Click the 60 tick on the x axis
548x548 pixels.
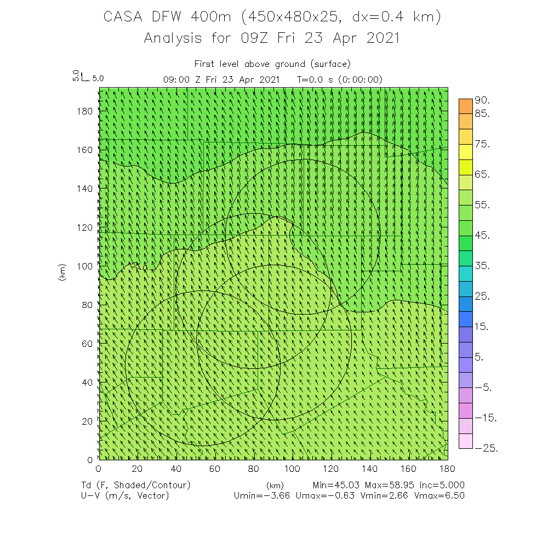coord(215,469)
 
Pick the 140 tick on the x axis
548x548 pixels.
coord(370,469)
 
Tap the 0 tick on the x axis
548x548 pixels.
coord(98,469)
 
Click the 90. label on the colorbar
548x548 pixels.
coord(483,101)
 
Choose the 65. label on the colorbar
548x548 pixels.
coord(483,175)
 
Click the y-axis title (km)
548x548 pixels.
coord(62,271)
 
